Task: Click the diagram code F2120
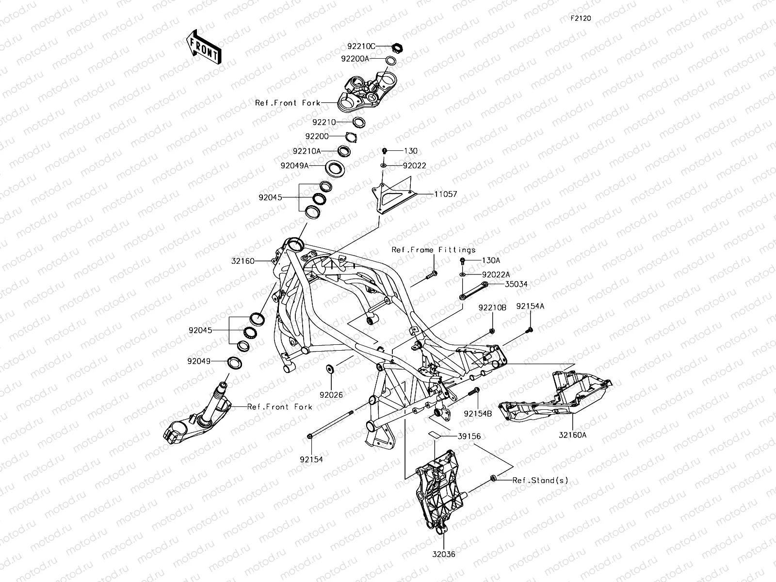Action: [581, 18]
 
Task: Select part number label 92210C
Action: [361, 47]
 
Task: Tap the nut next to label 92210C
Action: [397, 47]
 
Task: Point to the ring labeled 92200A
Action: [390, 61]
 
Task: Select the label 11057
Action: [445, 194]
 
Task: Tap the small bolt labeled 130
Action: [385, 151]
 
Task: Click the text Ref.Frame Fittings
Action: [434, 250]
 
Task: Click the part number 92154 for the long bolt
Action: [311, 459]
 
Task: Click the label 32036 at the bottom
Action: [444, 553]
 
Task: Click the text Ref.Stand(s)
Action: [540, 480]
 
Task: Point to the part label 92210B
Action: [492, 307]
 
